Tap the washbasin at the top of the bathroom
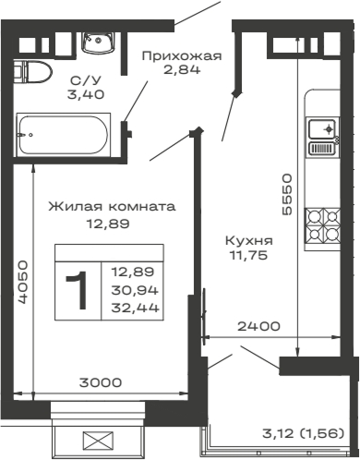(x=96, y=40)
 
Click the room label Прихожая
(x=182, y=55)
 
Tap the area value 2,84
(x=182, y=73)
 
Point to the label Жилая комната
(x=98, y=206)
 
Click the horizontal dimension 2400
(x=252, y=327)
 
